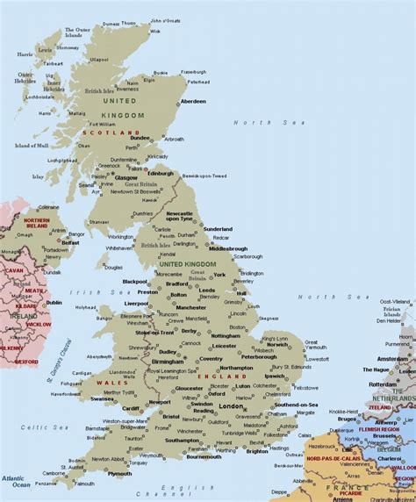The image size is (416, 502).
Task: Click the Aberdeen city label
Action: (193, 101)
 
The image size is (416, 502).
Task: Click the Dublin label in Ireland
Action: (54, 302)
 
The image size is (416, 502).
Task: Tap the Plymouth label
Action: (119, 474)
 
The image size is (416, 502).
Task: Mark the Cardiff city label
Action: (131, 406)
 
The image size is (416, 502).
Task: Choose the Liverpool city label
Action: (136, 303)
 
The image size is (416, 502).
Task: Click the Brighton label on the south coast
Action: (257, 451)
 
